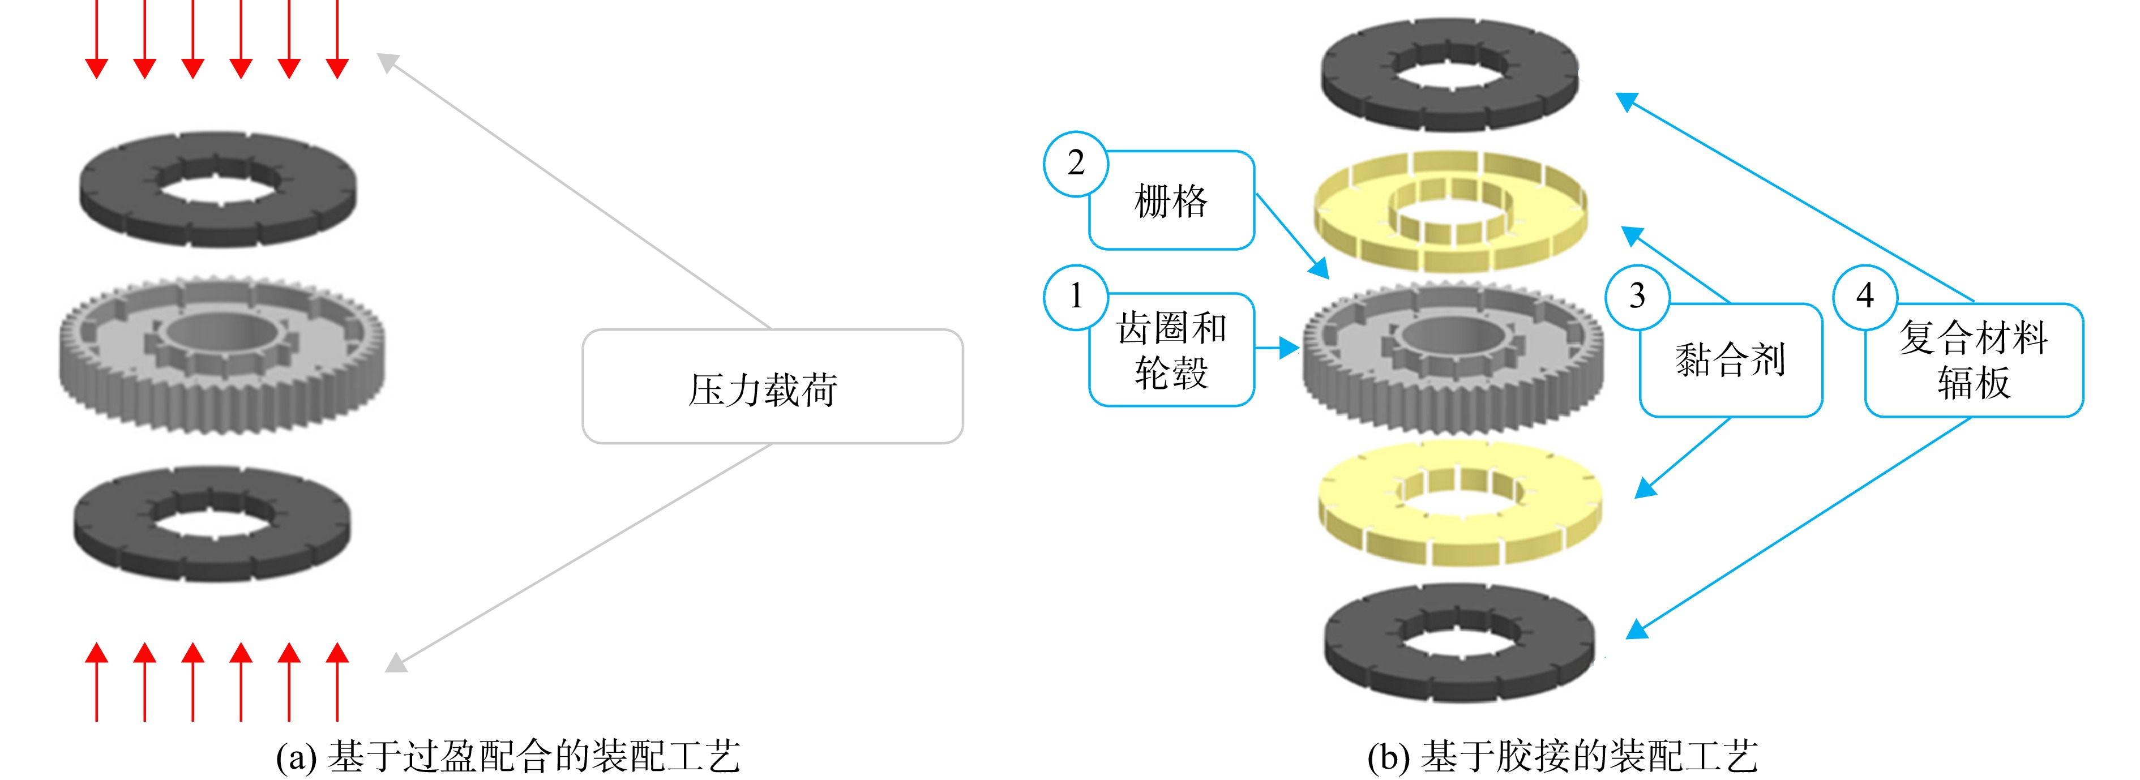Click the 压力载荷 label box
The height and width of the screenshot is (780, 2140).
pos(773,386)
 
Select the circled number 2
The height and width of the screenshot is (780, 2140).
pos(1076,164)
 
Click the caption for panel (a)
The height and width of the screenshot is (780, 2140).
pos(508,756)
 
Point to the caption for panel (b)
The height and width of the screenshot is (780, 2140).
pos(1563,756)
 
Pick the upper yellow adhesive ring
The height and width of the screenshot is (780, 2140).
pos(1450,211)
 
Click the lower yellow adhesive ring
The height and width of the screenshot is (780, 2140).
pos(1460,503)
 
